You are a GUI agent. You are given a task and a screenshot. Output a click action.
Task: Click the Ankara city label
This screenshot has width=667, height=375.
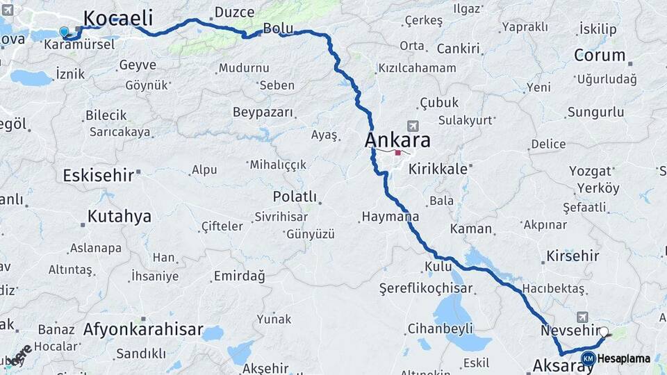(397, 140)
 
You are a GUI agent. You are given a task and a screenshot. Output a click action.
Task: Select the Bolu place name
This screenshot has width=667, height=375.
(278, 28)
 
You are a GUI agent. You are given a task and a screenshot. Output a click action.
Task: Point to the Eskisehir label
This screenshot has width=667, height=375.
(98, 175)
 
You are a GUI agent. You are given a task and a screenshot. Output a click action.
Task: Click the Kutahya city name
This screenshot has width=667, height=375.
(120, 216)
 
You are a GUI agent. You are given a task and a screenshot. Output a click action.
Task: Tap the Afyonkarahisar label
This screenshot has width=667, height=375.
(143, 329)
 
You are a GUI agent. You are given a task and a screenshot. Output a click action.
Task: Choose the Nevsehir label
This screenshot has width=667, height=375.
(569, 331)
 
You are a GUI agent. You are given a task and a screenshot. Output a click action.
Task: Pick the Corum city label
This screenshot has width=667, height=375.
(600, 55)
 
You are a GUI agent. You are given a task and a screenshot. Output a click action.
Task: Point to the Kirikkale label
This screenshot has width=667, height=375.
(437, 168)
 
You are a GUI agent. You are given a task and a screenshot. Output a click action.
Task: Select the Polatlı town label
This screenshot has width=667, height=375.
(295, 197)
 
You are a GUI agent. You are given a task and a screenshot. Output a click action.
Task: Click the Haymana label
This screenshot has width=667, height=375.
(390, 217)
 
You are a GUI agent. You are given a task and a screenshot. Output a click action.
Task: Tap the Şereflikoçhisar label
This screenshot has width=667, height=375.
(426, 287)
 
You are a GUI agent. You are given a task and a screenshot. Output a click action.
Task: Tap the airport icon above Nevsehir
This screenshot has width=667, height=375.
(582, 317)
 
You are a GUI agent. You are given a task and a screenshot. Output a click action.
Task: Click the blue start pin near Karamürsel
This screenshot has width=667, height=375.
(65, 32)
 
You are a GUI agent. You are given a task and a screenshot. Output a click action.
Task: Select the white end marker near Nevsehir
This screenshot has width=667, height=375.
(604, 333)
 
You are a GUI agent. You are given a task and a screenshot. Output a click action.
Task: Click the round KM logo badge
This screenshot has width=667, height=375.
(588, 358)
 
